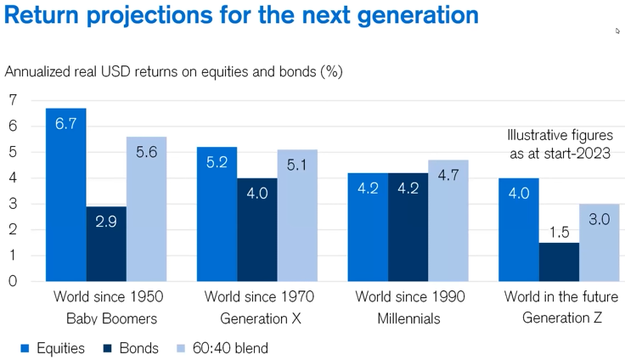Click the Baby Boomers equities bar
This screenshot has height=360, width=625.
(66, 195)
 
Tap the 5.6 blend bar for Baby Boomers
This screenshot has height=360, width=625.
(146, 209)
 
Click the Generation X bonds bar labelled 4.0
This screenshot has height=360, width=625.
(256, 229)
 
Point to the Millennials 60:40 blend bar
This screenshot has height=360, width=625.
(448, 221)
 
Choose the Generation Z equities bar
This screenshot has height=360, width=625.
(519, 229)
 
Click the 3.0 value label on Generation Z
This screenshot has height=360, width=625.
(600, 219)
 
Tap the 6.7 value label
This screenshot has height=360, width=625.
(66, 124)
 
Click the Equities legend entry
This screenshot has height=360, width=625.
(53, 348)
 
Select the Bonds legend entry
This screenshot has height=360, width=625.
(132, 348)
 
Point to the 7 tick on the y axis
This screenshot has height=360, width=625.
(12, 100)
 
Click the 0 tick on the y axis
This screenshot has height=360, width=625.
(12, 282)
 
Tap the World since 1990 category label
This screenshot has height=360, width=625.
(410, 297)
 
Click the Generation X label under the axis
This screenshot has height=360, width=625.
(260, 319)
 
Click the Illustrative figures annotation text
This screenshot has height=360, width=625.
(560, 143)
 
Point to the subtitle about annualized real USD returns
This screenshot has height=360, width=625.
(174, 71)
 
